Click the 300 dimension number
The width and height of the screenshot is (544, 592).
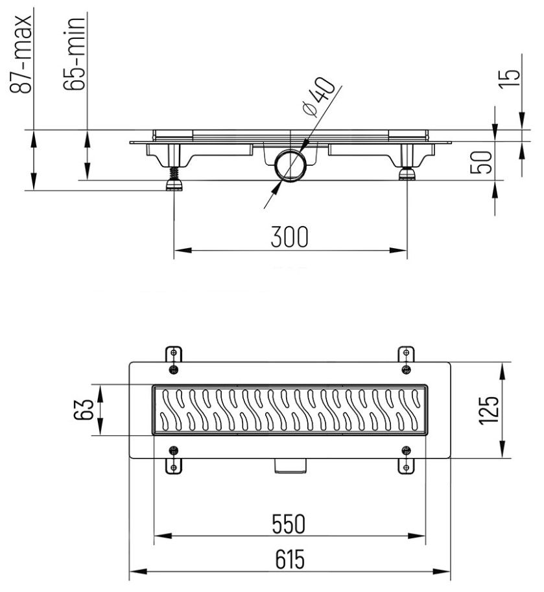click(x=289, y=238)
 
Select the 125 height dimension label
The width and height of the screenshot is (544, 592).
click(x=491, y=410)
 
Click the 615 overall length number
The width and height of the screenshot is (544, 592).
click(x=289, y=558)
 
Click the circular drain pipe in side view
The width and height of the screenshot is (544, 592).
click(x=289, y=166)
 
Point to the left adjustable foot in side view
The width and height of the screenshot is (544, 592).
click(x=174, y=176)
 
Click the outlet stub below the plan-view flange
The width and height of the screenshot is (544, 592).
click(x=290, y=465)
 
